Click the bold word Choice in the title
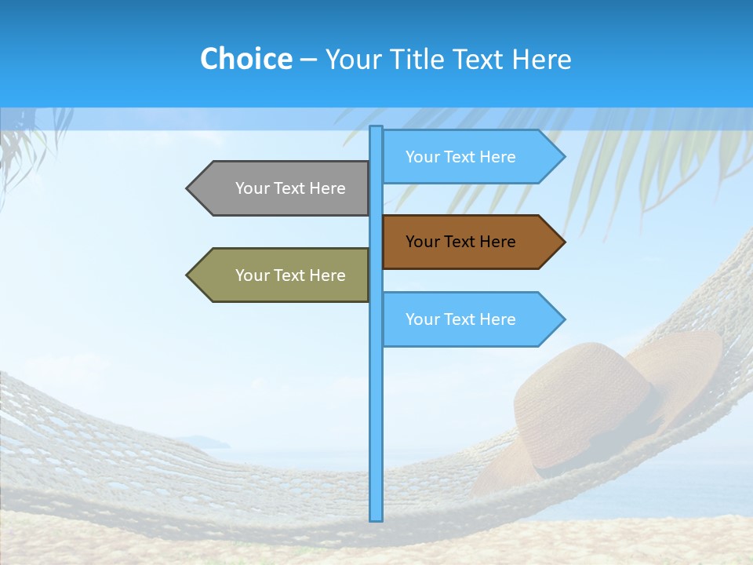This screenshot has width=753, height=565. [x=246, y=59]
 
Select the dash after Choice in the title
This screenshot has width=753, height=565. [x=308, y=60]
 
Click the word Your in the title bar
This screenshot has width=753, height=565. [x=352, y=59]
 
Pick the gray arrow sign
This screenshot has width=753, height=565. [x=282, y=188]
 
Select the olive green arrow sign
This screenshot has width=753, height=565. [x=282, y=275]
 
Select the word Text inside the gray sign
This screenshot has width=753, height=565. [x=289, y=188]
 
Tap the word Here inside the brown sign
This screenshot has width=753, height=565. [x=496, y=242]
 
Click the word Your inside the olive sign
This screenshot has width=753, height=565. [x=252, y=275]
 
